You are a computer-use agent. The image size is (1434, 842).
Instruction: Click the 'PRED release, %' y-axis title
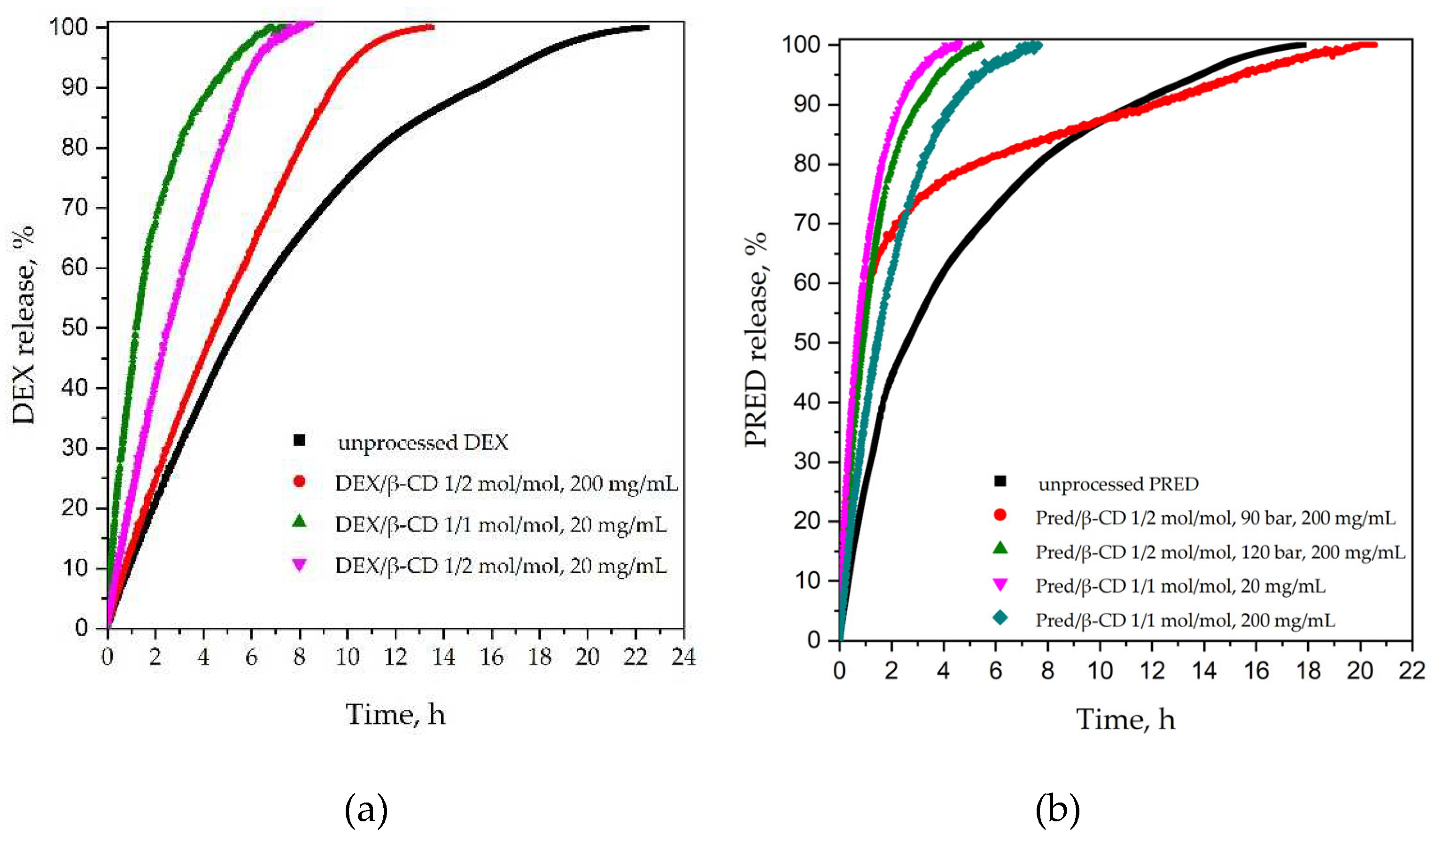[756, 339]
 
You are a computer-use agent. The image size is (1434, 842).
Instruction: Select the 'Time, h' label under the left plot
[395, 715]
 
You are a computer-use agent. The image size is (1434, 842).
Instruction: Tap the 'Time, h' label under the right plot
[1125, 719]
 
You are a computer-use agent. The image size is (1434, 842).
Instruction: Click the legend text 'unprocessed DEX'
[422, 442]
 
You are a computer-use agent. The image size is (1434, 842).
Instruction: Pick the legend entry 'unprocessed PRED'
[1118, 484]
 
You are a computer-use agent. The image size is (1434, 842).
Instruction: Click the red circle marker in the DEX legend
[299, 482]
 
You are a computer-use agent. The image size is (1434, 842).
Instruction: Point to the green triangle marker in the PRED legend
[1000, 548]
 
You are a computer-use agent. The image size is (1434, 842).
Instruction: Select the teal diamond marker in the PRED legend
[1000, 618]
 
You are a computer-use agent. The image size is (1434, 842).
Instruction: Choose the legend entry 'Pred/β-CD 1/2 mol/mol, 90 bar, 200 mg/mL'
[1215, 518]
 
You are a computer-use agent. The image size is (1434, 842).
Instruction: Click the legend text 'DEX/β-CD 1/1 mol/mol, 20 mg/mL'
[501, 524]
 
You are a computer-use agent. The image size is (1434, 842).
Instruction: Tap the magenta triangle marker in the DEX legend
[299, 565]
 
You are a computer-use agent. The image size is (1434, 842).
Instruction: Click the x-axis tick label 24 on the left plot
[683, 657]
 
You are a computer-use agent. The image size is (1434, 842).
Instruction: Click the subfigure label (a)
[366, 811]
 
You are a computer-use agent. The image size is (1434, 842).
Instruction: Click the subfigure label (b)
[1057, 811]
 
